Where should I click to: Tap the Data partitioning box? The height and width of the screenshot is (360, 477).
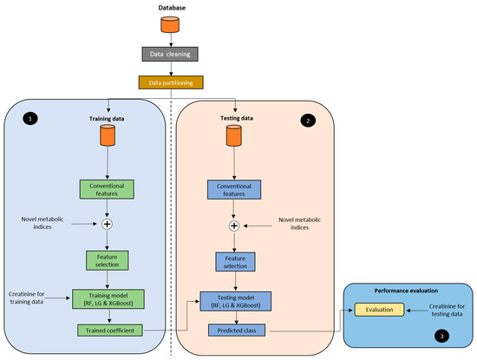pyautogui.click(x=171, y=82)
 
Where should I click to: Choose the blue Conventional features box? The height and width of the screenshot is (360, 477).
pyautogui.click(x=233, y=190)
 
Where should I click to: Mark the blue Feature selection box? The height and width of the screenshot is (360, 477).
pyautogui.click(x=233, y=261)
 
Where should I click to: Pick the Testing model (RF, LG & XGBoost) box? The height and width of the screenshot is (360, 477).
pyautogui.click(x=233, y=301)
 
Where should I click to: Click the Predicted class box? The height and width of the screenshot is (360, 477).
pyautogui.click(x=233, y=331)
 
